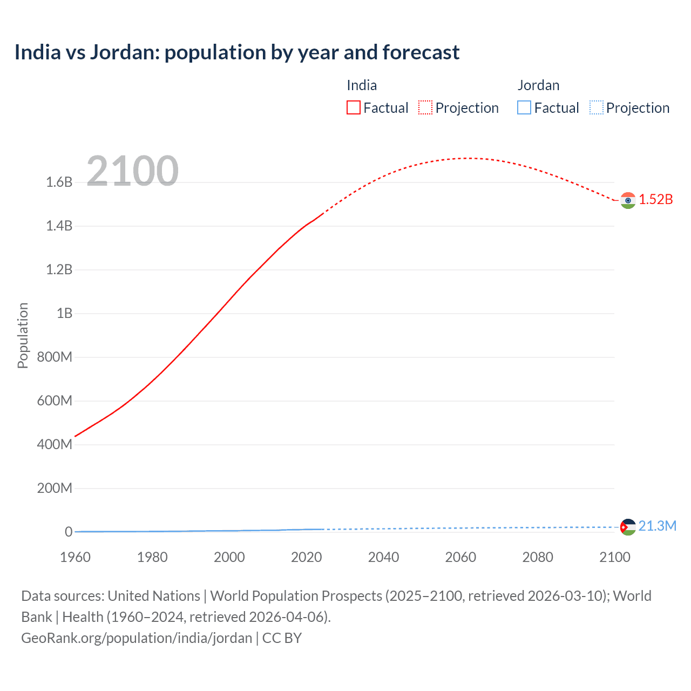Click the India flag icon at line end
(x=627, y=200)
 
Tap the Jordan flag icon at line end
(x=627, y=527)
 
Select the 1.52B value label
(x=656, y=200)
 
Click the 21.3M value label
(x=657, y=526)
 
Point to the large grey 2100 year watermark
(x=132, y=171)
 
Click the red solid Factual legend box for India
(x=353, y=107)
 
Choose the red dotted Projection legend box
(x=425, y=107)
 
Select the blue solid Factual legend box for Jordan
(x=524, y=107)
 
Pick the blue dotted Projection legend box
(x=596, y=107)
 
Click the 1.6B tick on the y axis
(x=59, y=182)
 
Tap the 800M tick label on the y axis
(x=55, y=357)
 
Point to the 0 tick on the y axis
(x=69, y=532)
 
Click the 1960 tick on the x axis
(x=75, y=557)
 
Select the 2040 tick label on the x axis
(x=383, y=557)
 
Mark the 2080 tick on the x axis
(x=538, y=557)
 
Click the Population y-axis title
(x=23, y=335)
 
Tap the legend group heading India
(x=362, y=85)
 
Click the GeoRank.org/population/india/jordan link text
(x=137, y=638)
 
